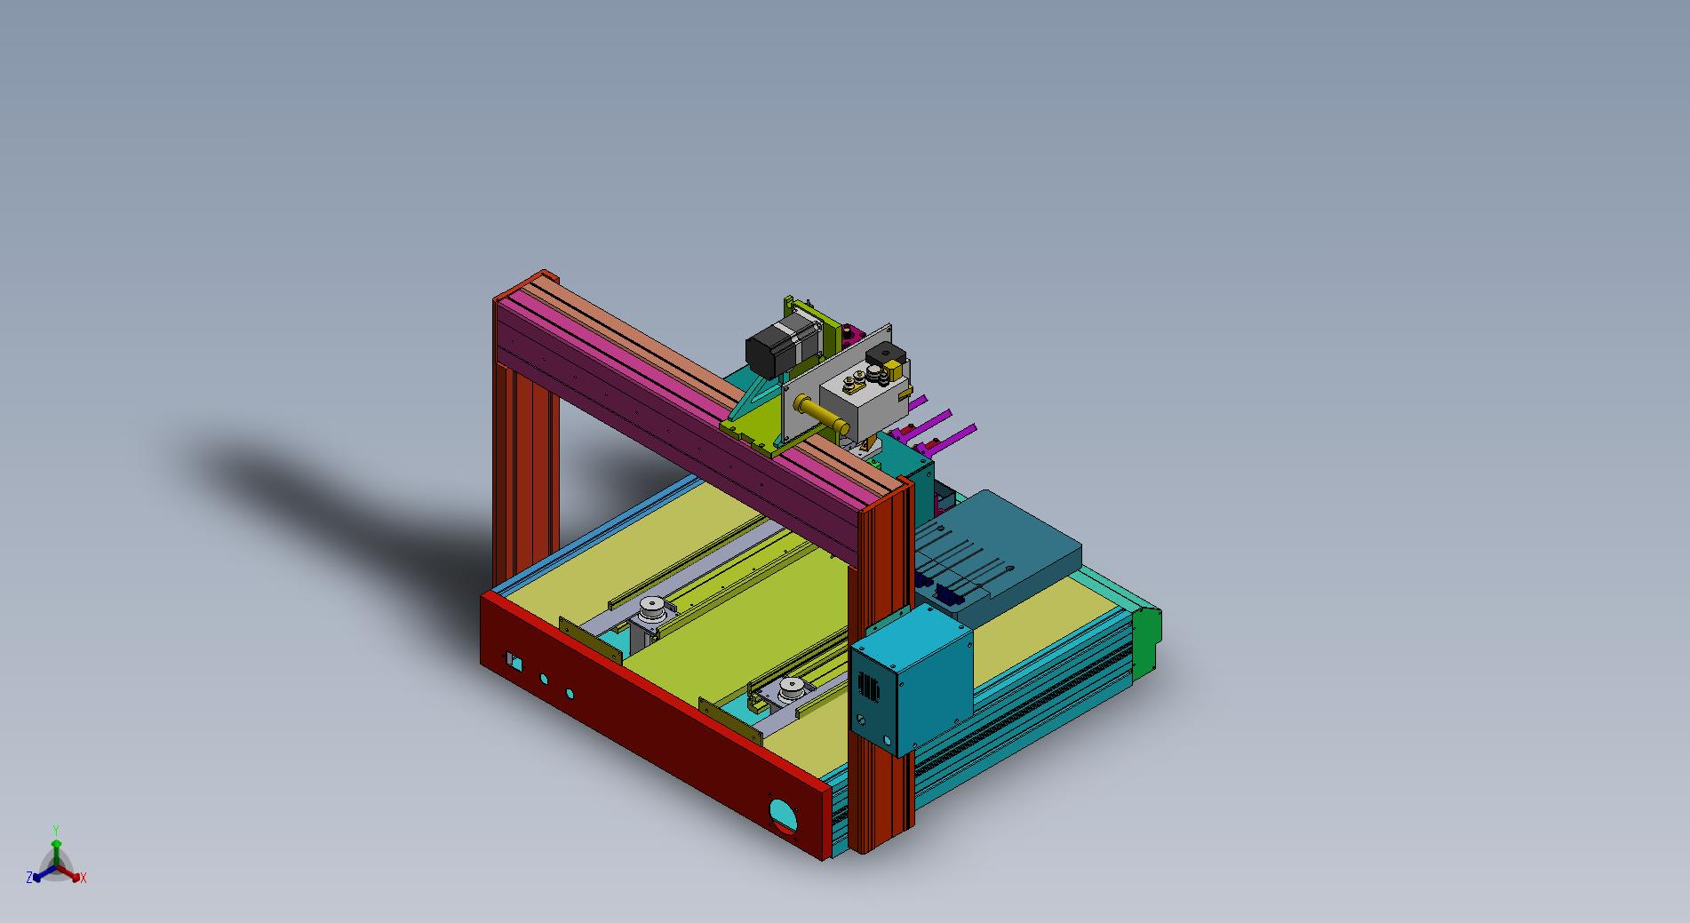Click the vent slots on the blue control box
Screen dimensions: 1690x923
point(867,686)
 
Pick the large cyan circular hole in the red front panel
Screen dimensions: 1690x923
point(783,813)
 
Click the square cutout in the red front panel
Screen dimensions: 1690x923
point(514,662)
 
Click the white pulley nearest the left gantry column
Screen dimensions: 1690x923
point(653,609)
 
